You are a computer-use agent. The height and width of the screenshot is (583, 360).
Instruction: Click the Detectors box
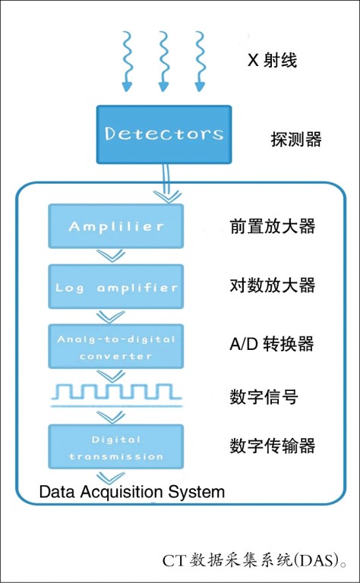coord(164,134)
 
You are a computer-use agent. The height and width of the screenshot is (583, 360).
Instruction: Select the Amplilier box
coord(115,226)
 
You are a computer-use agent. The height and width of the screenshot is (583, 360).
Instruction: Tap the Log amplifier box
coord(115,287)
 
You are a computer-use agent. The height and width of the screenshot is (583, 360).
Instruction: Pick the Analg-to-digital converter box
coord(115,346)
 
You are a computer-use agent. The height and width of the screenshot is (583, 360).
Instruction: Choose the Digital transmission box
coord(115,447)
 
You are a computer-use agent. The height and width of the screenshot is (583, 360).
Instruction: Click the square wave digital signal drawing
coord(117,395)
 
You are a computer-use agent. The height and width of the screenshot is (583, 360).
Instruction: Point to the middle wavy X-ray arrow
coord(163,61)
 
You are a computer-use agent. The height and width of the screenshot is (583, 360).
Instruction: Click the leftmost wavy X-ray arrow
coord(127,61)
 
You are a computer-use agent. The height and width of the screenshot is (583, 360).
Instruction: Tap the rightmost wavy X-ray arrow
coord(200,61)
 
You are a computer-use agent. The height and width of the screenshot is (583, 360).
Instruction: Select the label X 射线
coord(272,60)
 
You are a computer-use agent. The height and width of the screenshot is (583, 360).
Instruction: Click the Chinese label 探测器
coord(296,140)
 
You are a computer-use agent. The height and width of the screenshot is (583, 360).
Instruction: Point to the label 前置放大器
coord(272,226)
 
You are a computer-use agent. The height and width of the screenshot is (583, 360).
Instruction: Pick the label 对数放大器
coord(272,285)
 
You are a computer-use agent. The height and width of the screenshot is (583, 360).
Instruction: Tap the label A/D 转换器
coord(271,344)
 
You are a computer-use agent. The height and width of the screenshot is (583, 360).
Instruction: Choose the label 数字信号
coord(264,397)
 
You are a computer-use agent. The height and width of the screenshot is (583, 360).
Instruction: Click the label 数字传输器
coord(272,446)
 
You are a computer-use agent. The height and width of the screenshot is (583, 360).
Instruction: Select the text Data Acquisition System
coord(132,492)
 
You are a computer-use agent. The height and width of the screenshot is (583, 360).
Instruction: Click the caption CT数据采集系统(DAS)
coord(255,561)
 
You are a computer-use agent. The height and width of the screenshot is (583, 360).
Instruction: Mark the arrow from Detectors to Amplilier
coord(166,183)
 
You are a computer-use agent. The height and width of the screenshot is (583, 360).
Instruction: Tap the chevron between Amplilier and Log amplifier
coord(111,256)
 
